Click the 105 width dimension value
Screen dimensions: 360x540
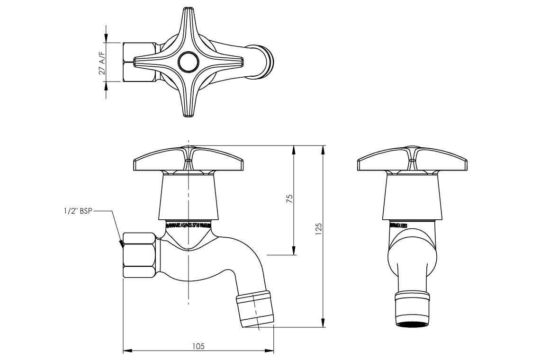[x=198, y=346]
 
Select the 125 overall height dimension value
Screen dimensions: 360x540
[x=319, y=229]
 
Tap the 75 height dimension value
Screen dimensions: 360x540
[x=290, y=198]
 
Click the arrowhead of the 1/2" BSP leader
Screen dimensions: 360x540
[x=121, y=244]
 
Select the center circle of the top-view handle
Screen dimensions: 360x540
[x=189, y=62]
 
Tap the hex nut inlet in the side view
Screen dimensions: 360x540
[x=139, y=255]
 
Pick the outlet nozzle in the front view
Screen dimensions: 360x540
[x=412, y=310]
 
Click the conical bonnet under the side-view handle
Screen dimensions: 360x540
[x=189, y=197]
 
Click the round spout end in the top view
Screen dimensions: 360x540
[x=263, y=61]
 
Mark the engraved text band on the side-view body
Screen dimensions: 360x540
[x=189, y=225]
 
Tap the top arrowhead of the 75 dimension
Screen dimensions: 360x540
[x=294, y=149]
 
